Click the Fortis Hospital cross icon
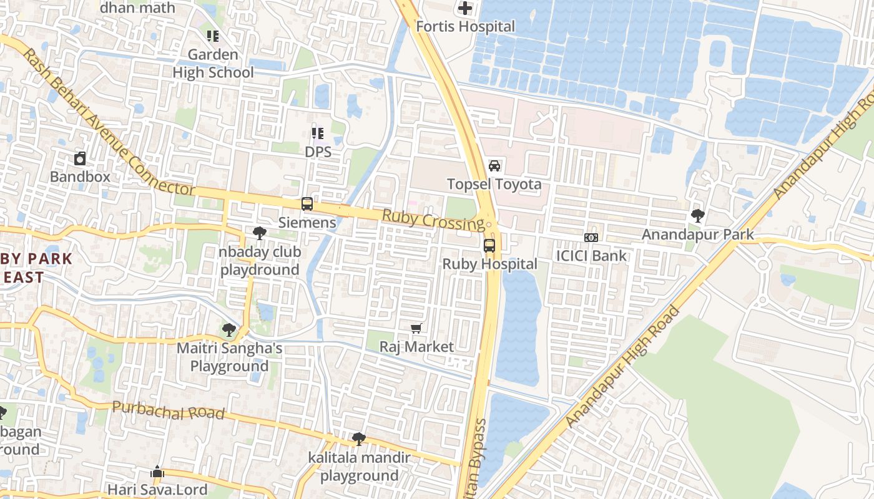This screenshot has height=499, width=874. tap(465, 8)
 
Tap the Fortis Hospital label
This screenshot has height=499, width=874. tap(466, 27)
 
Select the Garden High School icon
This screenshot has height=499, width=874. tap(213, 36)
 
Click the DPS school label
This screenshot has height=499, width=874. tap(318, 152)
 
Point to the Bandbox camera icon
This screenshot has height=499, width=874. tap(80, 158)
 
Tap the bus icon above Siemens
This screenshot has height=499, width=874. tap(307, 204)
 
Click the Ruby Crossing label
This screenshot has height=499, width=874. tap(433, 220)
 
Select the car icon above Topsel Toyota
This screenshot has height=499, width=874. tap(494, 166)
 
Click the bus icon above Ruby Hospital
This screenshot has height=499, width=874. tap(489, 246)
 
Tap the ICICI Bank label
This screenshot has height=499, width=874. tap(591, 256)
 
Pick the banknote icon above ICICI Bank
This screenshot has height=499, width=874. tap(591, 238)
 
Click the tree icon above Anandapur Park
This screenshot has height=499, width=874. tap(698, 216)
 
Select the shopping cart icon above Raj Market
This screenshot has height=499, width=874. tap(416, 328)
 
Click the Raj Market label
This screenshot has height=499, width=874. tap(416, 347)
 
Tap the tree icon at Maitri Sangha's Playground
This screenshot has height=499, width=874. tap(229, 330)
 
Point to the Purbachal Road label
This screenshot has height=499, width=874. tap(168, 410)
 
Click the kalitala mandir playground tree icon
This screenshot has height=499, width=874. tap(359, 439)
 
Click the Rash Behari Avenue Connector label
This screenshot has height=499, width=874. tap(109, 122)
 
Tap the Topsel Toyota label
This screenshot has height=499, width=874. tap(494, 185)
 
